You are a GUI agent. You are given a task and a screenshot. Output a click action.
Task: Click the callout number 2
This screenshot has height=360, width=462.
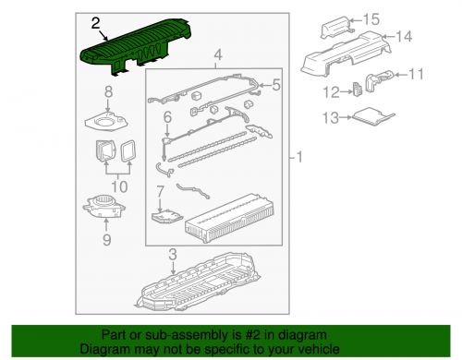(x=96, y=23)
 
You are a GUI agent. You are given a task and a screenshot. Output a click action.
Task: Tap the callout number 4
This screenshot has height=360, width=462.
(x=218, y=55)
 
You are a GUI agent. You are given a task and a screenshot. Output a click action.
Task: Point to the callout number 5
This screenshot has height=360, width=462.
(x=276, y=85)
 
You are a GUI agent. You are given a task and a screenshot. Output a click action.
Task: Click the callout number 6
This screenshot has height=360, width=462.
(x=167, y=117)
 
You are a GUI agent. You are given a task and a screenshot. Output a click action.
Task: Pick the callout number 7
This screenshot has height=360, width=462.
(x=160, y=191)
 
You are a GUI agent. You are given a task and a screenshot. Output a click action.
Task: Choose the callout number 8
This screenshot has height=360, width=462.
(x=108, y=91)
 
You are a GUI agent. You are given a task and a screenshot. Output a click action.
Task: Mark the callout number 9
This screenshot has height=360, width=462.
(x=106, y=240)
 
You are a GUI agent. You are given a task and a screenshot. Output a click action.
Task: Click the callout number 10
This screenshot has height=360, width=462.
(x=119, y=186)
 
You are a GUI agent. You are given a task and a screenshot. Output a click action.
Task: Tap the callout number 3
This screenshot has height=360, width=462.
(x=173, y=255)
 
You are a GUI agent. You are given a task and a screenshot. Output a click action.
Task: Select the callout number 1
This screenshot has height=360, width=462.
(x=298, y=158)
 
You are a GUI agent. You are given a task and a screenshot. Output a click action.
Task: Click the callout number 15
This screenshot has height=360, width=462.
(x=371, y=19)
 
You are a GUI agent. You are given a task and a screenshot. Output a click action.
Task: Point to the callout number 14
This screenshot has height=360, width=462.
(x=404, y=37)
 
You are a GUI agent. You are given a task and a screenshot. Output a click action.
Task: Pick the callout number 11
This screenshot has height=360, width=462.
(x=416, y=74)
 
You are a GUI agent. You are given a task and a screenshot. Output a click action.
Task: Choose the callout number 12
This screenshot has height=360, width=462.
(x=331, y=92)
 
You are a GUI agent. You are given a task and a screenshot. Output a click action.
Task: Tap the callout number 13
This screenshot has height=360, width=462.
(x=331, y=117)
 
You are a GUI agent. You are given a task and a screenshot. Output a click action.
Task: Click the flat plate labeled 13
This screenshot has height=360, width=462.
(x=373, y=116)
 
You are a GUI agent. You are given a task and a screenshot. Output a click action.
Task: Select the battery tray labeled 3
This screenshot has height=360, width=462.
(x=197, y=282)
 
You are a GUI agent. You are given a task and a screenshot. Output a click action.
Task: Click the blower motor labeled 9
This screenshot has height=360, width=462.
(x=103, y=207)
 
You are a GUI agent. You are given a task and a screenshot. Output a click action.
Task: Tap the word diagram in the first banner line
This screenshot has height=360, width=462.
(x=301, y=335)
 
